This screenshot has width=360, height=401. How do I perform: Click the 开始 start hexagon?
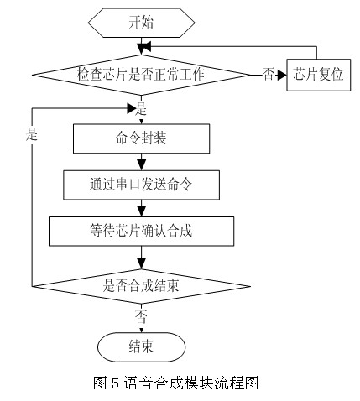coord(142,23)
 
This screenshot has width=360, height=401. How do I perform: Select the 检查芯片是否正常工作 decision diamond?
coord(141,75)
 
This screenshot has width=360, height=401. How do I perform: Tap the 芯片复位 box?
coord(319,75)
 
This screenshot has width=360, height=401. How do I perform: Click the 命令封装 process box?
coord(141,138)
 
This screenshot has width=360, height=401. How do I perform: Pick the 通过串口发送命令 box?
coord(141,185)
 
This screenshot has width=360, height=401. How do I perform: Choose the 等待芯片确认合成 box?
coord(141,232)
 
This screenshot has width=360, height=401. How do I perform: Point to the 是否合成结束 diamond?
coord(141,286)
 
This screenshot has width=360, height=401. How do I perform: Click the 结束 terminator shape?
coord(141,347)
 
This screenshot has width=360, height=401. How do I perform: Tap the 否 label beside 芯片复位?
coord(268,75)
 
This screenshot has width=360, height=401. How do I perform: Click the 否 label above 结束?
coord(141,317)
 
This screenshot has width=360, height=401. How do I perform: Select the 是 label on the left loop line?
coord(32,134)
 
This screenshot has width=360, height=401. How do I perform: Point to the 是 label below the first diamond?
coord(141,109)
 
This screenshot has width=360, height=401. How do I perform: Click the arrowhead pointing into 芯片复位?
coord(283,75)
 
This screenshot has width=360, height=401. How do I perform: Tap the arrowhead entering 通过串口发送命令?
coord(142,165)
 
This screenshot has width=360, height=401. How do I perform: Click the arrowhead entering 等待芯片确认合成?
coord(142,211)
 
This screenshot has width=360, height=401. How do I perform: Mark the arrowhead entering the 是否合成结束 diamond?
coord(142,264)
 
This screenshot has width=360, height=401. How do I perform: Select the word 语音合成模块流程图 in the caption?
coord(191,383)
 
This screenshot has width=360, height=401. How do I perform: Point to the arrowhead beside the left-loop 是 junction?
coord(132,109)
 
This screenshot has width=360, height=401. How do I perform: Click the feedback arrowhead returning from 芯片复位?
coord(147,46)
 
